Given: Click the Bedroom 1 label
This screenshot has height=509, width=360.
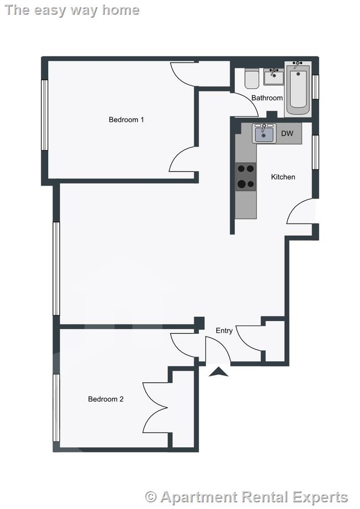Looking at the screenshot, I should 126,120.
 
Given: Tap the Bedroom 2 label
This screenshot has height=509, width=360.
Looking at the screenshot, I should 105,399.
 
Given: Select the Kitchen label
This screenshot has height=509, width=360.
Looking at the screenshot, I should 283,177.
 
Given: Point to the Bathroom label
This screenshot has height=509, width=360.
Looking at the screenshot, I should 267,98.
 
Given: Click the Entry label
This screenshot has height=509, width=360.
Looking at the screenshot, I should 224,330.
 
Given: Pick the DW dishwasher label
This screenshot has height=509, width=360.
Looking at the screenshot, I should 287,134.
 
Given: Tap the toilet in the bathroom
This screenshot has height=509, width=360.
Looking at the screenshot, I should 252,78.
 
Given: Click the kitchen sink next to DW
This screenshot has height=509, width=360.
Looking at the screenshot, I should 264,133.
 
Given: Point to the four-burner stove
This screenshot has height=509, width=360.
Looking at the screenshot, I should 245,177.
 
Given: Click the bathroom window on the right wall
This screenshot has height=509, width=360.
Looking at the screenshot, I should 316,87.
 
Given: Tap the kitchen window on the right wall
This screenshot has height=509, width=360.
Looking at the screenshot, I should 316,151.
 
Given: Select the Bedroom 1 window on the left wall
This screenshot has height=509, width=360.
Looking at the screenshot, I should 45,115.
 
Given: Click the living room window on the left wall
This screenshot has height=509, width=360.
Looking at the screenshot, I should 56,268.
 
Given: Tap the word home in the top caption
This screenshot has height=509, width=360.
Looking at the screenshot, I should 121,10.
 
